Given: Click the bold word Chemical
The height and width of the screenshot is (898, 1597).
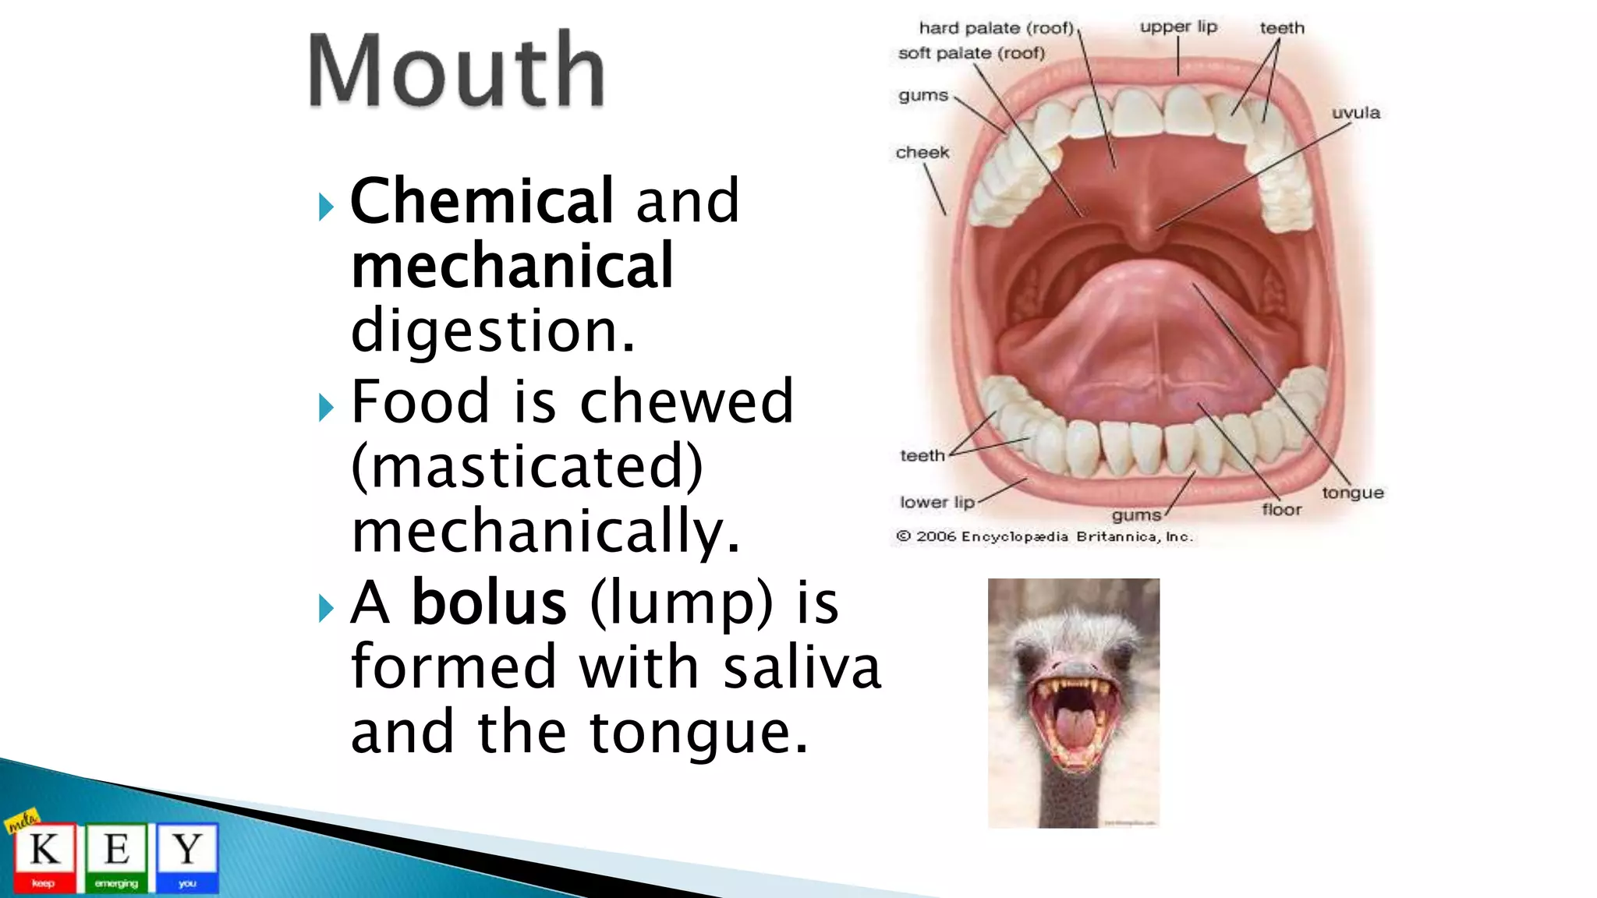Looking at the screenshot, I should pyautogui.click(x=482, y=201).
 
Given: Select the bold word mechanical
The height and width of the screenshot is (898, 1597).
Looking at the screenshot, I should pyautogui.click(x=512, y=267).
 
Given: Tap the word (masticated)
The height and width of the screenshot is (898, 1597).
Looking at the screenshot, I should pyautogui.click(x=527, y=466).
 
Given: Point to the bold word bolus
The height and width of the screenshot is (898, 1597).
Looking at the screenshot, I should pyautogui.click(x=489, y=603).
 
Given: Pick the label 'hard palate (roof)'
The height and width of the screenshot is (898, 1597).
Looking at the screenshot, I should pyautogui.click(x=996, y=28).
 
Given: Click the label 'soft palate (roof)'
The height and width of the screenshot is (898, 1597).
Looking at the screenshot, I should pyautogui.click(x=971, y=53).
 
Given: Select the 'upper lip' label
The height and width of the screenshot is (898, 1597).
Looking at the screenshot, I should pyautogui.click(x=1178, y=27).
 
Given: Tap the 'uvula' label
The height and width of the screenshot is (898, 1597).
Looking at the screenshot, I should pyautogui.click(x=1355, y=113).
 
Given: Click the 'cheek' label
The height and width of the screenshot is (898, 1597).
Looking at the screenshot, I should pyautogui.click(x=922, y=153).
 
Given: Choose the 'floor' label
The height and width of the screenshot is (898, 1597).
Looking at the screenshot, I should pyautogui.click(x=1281, y=510).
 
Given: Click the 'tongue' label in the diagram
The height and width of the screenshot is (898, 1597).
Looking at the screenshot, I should pyautogui.click(x=1352, y=493).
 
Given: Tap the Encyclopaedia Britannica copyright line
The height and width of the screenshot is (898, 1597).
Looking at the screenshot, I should pyautogui.click(x=1044, y=536).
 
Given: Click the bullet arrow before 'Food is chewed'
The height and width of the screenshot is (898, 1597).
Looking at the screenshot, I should pyautogui.click(x=326, y=407).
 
